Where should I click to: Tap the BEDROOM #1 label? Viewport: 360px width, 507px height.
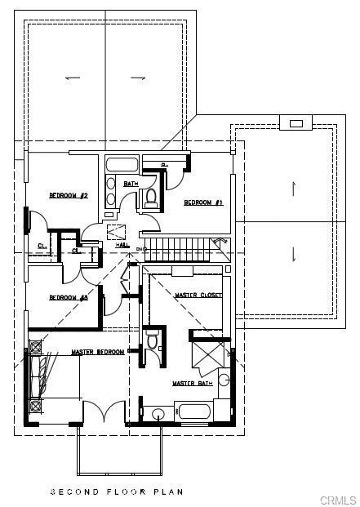(x=202, y=202)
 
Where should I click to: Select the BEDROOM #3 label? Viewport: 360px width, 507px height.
(x=68, y=297)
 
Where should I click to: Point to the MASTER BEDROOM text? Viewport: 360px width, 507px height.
(x=96, y=352)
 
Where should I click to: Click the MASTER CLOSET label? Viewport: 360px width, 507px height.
(x=199, y=295)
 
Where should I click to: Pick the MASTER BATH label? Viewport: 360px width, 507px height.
(x=193, y=383)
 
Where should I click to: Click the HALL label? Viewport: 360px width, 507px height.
(x=122, y=244)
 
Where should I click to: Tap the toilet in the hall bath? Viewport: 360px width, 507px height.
(x=151, y=198)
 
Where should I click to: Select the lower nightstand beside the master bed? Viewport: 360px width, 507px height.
(x=34, y=405)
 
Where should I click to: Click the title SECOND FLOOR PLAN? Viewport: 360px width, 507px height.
(x=117, y=491)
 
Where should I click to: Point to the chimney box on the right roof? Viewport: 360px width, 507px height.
(x=296, y=123)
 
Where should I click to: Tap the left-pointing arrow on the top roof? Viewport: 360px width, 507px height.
(x=73, y=78)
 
